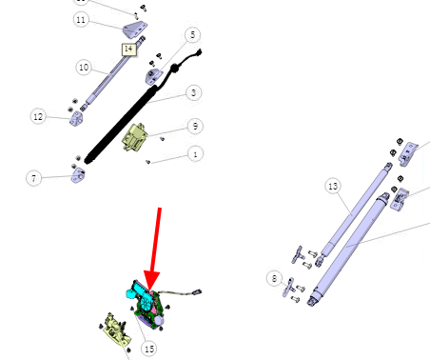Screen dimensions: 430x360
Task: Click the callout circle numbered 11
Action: click(x=81, y=20)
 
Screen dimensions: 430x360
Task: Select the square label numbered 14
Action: click(x=128, y=49)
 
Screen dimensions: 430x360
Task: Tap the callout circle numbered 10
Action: click(x=84, y=68)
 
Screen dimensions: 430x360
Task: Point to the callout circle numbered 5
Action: click(x=193, y=35)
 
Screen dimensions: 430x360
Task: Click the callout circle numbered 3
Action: click(x=193, y=93)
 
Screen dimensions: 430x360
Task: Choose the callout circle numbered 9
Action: click(x=195, y=127)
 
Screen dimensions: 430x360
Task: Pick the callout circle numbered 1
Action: click(x=195, y=154)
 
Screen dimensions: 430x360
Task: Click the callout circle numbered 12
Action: click(x=38, y=116)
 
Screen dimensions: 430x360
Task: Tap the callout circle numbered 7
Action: click(x=33, y=178)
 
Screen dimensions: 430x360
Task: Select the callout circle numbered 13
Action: click(x=333, y=186)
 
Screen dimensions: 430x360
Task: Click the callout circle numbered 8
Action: click(x=274, y=279)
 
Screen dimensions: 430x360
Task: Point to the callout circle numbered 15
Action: click(x=149, y=349)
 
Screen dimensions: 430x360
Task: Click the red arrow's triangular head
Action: click(x=151, y=280)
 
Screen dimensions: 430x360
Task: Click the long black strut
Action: click(x=121, y=125)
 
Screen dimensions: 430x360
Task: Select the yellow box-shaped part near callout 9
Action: click(x=135, y=137)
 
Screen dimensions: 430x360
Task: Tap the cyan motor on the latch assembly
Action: click(x=140, y=293)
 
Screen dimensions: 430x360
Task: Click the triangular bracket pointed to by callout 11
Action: click(x=135, y=29)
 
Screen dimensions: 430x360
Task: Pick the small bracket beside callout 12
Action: click(x=77, y=118)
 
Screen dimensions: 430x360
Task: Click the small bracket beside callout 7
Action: click(x=78, y=175)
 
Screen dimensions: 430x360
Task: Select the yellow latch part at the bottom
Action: click(x=116, y=330)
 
